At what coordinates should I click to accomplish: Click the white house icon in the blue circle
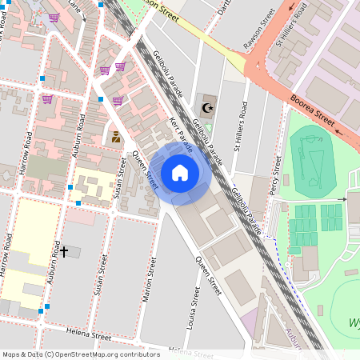(180, 172)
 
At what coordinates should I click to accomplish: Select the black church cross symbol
(64, 252)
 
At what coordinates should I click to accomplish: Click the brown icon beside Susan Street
(117, 137)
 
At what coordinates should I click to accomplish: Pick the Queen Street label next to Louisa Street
(208, 276)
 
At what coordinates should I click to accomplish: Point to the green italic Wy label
(353, 322)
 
